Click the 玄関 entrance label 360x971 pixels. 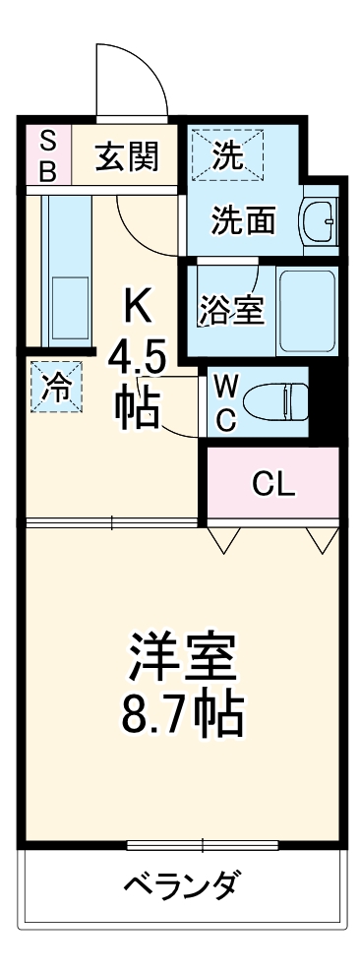(127, 156)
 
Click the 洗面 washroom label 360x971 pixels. (243, 219)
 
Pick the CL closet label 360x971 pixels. (273, 483)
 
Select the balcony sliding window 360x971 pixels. (203, 844)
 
